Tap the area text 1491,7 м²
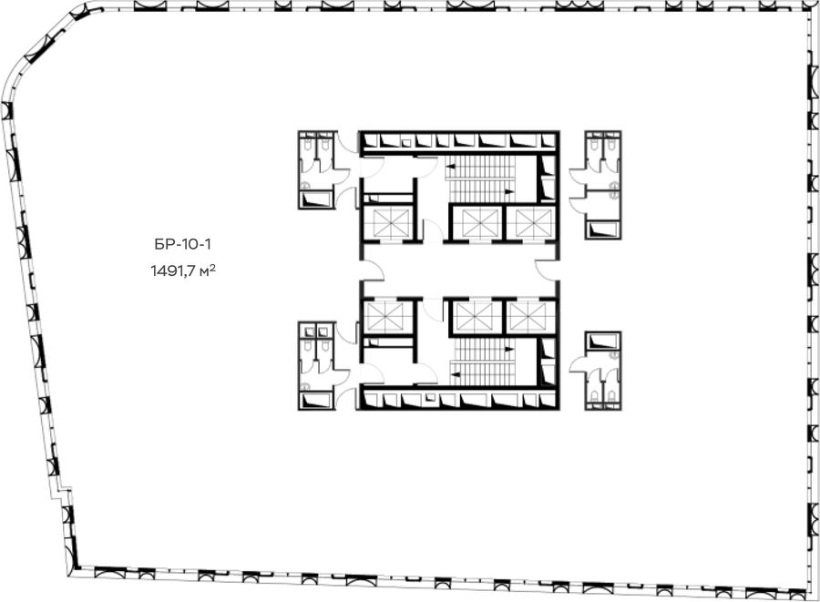click(183, 271)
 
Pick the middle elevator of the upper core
click(476, 223)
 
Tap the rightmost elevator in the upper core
click(529, 223)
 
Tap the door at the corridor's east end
click(548, 270)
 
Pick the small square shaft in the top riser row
click(406, 141)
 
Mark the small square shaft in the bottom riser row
click(430, 398)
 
